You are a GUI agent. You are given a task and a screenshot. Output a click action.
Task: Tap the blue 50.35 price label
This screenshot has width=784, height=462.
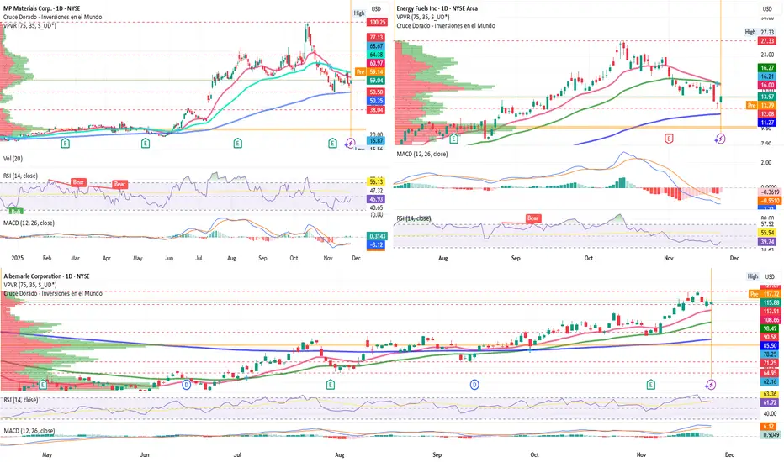(375, 100)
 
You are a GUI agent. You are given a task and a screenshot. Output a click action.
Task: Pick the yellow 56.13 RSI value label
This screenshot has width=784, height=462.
(375, 181)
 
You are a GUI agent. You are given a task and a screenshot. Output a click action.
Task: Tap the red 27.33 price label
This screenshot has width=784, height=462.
(767, 39)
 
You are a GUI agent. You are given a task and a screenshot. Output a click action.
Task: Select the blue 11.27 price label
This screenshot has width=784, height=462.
(767, 122)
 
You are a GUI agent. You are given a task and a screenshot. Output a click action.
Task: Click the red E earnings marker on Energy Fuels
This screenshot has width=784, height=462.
(670, 137)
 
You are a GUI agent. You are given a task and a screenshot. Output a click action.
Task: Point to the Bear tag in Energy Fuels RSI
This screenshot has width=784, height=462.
(532, 218)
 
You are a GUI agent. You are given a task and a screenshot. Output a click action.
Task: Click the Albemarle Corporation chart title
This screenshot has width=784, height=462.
(41, 276)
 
